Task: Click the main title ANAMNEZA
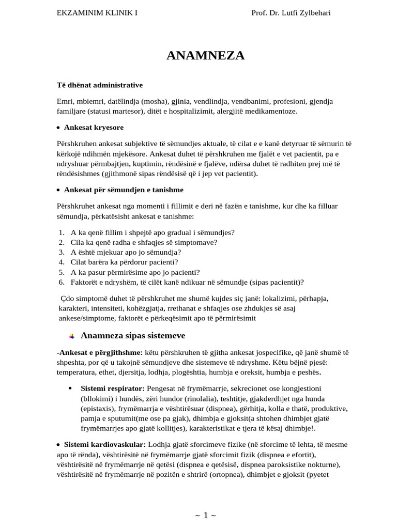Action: coord(205,56)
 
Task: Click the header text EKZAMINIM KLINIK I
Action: coord(97,12)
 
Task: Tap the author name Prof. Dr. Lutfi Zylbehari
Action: coord(291,12)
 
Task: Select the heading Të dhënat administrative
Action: coord(100,85)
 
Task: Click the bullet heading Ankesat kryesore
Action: coord(94,127)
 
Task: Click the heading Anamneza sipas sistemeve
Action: coord(133,335)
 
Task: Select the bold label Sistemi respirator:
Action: coord(113,388)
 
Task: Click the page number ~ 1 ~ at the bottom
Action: coord(205,515)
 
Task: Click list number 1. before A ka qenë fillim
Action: coord(61,232)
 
